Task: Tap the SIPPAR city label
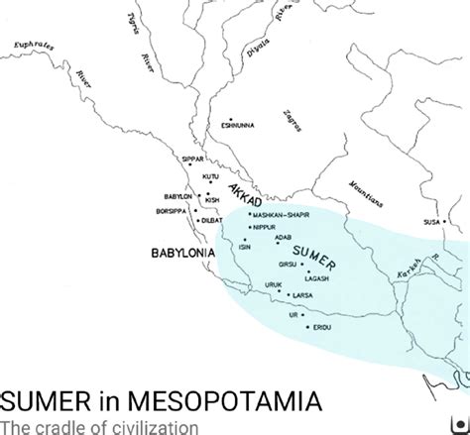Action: [x=193, y=160]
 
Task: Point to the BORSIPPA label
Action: [x=176, y=211]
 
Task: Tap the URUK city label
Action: [x=274, y=284]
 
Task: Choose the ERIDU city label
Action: [x=320, y=326]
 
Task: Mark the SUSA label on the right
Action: [x=431, y=222]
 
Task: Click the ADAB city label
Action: [x=284, y=238]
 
